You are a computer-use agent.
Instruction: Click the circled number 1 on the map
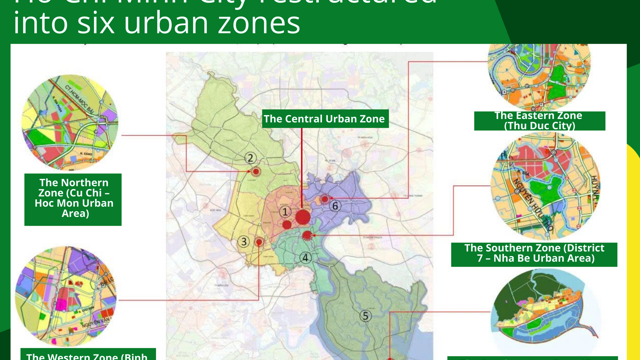(x=285, y=212)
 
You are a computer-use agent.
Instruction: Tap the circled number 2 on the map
(x=251, y=158)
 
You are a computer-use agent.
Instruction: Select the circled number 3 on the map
(x=243, y=242)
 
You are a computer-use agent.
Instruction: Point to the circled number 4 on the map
(x=306, y=257)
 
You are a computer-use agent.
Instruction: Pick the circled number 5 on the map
(x=365, y=316)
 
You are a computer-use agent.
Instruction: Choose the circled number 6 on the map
(x=336, y=206)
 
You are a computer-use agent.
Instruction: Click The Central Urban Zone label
(x=323, y=119)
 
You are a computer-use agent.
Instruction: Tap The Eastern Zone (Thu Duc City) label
(x=541, y=121)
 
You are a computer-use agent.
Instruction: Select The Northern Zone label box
(x=75, y=198)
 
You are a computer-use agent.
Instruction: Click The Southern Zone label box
(x=541, y=253)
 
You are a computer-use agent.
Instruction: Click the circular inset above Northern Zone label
(x=70, y=123)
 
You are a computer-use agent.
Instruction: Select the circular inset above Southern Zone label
(x=545, y=187)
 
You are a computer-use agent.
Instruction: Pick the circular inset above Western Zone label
(x=65, y=295)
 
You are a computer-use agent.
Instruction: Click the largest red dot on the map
(x=303, y=216)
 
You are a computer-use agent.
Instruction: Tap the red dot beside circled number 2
(x=256, y=172)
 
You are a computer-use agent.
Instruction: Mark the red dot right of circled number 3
(x=259, y=242)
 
